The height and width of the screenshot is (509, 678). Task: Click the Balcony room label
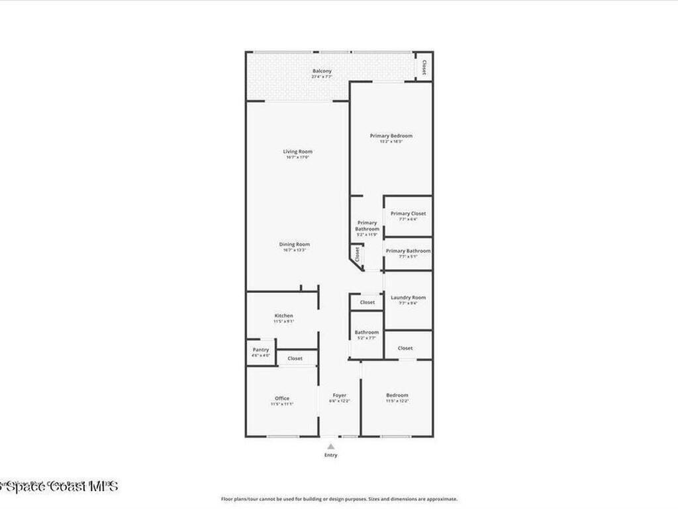point(322,71)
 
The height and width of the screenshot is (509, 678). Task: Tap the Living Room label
point(298,152)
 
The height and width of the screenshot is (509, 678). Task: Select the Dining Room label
point(294,245)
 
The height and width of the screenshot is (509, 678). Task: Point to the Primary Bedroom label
point(391,136)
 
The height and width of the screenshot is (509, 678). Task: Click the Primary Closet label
point(408,213)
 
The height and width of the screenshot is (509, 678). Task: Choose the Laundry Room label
point(408,298)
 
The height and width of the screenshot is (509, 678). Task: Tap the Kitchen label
point(283,315)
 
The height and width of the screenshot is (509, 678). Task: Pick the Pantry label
point(261,349)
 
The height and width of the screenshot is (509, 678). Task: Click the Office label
point(281,398)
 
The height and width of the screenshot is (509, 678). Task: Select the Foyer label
point(340,396)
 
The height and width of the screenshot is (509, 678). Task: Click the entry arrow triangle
point(330,447)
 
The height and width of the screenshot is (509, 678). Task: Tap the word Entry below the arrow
point(330,455)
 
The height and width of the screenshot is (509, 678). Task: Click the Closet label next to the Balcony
point(424,68)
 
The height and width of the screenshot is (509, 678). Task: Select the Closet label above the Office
point(295,359)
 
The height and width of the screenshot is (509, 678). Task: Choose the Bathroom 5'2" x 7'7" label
point(366,333)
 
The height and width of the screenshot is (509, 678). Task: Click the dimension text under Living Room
point(298,158)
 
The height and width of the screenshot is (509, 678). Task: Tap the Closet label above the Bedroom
point(405,348)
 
